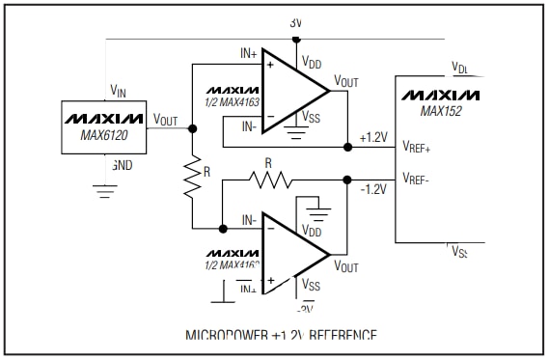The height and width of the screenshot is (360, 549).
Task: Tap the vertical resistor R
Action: (x=193, y=178)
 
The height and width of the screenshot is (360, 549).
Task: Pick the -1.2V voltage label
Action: (x=371, y=189)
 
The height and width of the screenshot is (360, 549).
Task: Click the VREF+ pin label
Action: (x=417, y=148)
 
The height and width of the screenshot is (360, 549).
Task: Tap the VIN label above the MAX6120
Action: (x=118, y=92)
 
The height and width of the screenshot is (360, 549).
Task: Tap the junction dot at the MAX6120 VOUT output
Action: (x=193, y=127)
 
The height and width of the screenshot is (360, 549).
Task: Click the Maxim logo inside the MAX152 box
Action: (x=440, y=96)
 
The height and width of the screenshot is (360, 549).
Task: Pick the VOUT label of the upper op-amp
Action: (x=346, y=81)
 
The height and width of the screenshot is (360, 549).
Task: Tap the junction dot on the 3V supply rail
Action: (x=297, y=40)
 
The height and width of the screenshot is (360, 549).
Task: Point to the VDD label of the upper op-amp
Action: (x=313, y=62)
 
